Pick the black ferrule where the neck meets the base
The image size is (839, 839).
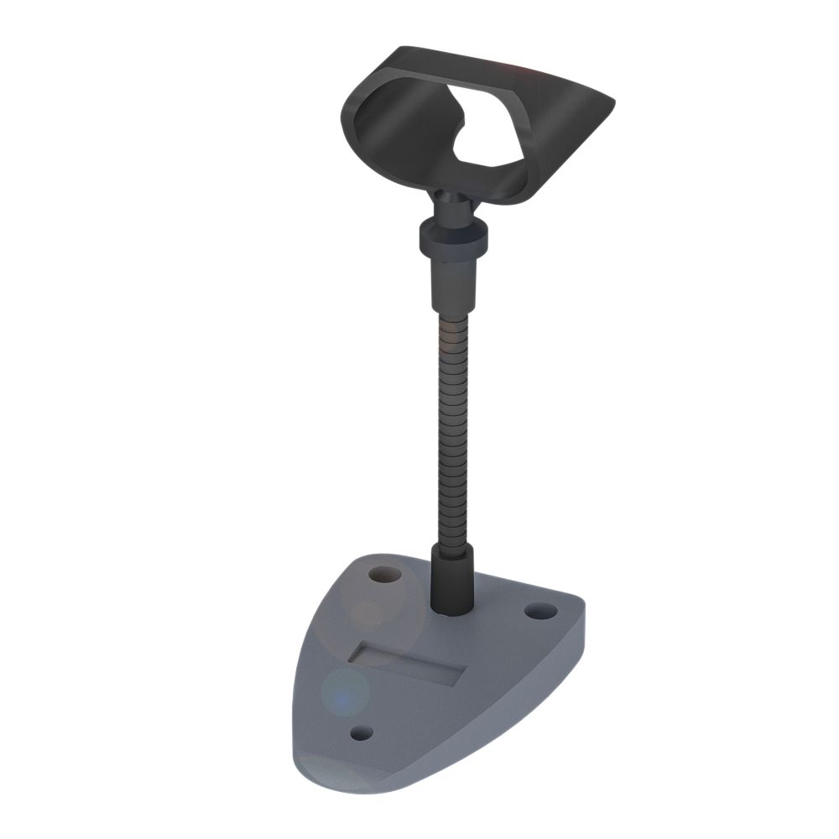[x=452, y=579]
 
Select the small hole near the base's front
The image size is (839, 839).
[x=361, y=733]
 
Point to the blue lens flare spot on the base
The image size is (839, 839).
[x=341, y=693]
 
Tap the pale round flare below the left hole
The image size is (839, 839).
[x=369, y=617]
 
